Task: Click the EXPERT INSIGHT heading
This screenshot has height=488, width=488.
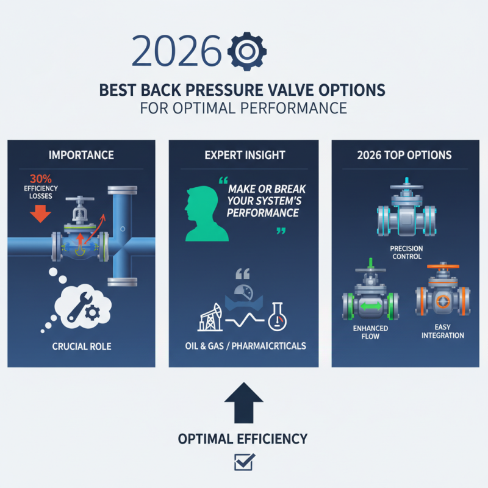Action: [x=243, y=154]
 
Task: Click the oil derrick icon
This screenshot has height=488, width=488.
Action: [x=207, y=316]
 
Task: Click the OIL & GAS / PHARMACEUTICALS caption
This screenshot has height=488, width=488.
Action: [x=243, y=346]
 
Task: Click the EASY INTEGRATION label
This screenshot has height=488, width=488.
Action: [x=442, y=331]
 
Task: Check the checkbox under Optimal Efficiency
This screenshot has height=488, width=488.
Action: [x=243, y=462]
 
